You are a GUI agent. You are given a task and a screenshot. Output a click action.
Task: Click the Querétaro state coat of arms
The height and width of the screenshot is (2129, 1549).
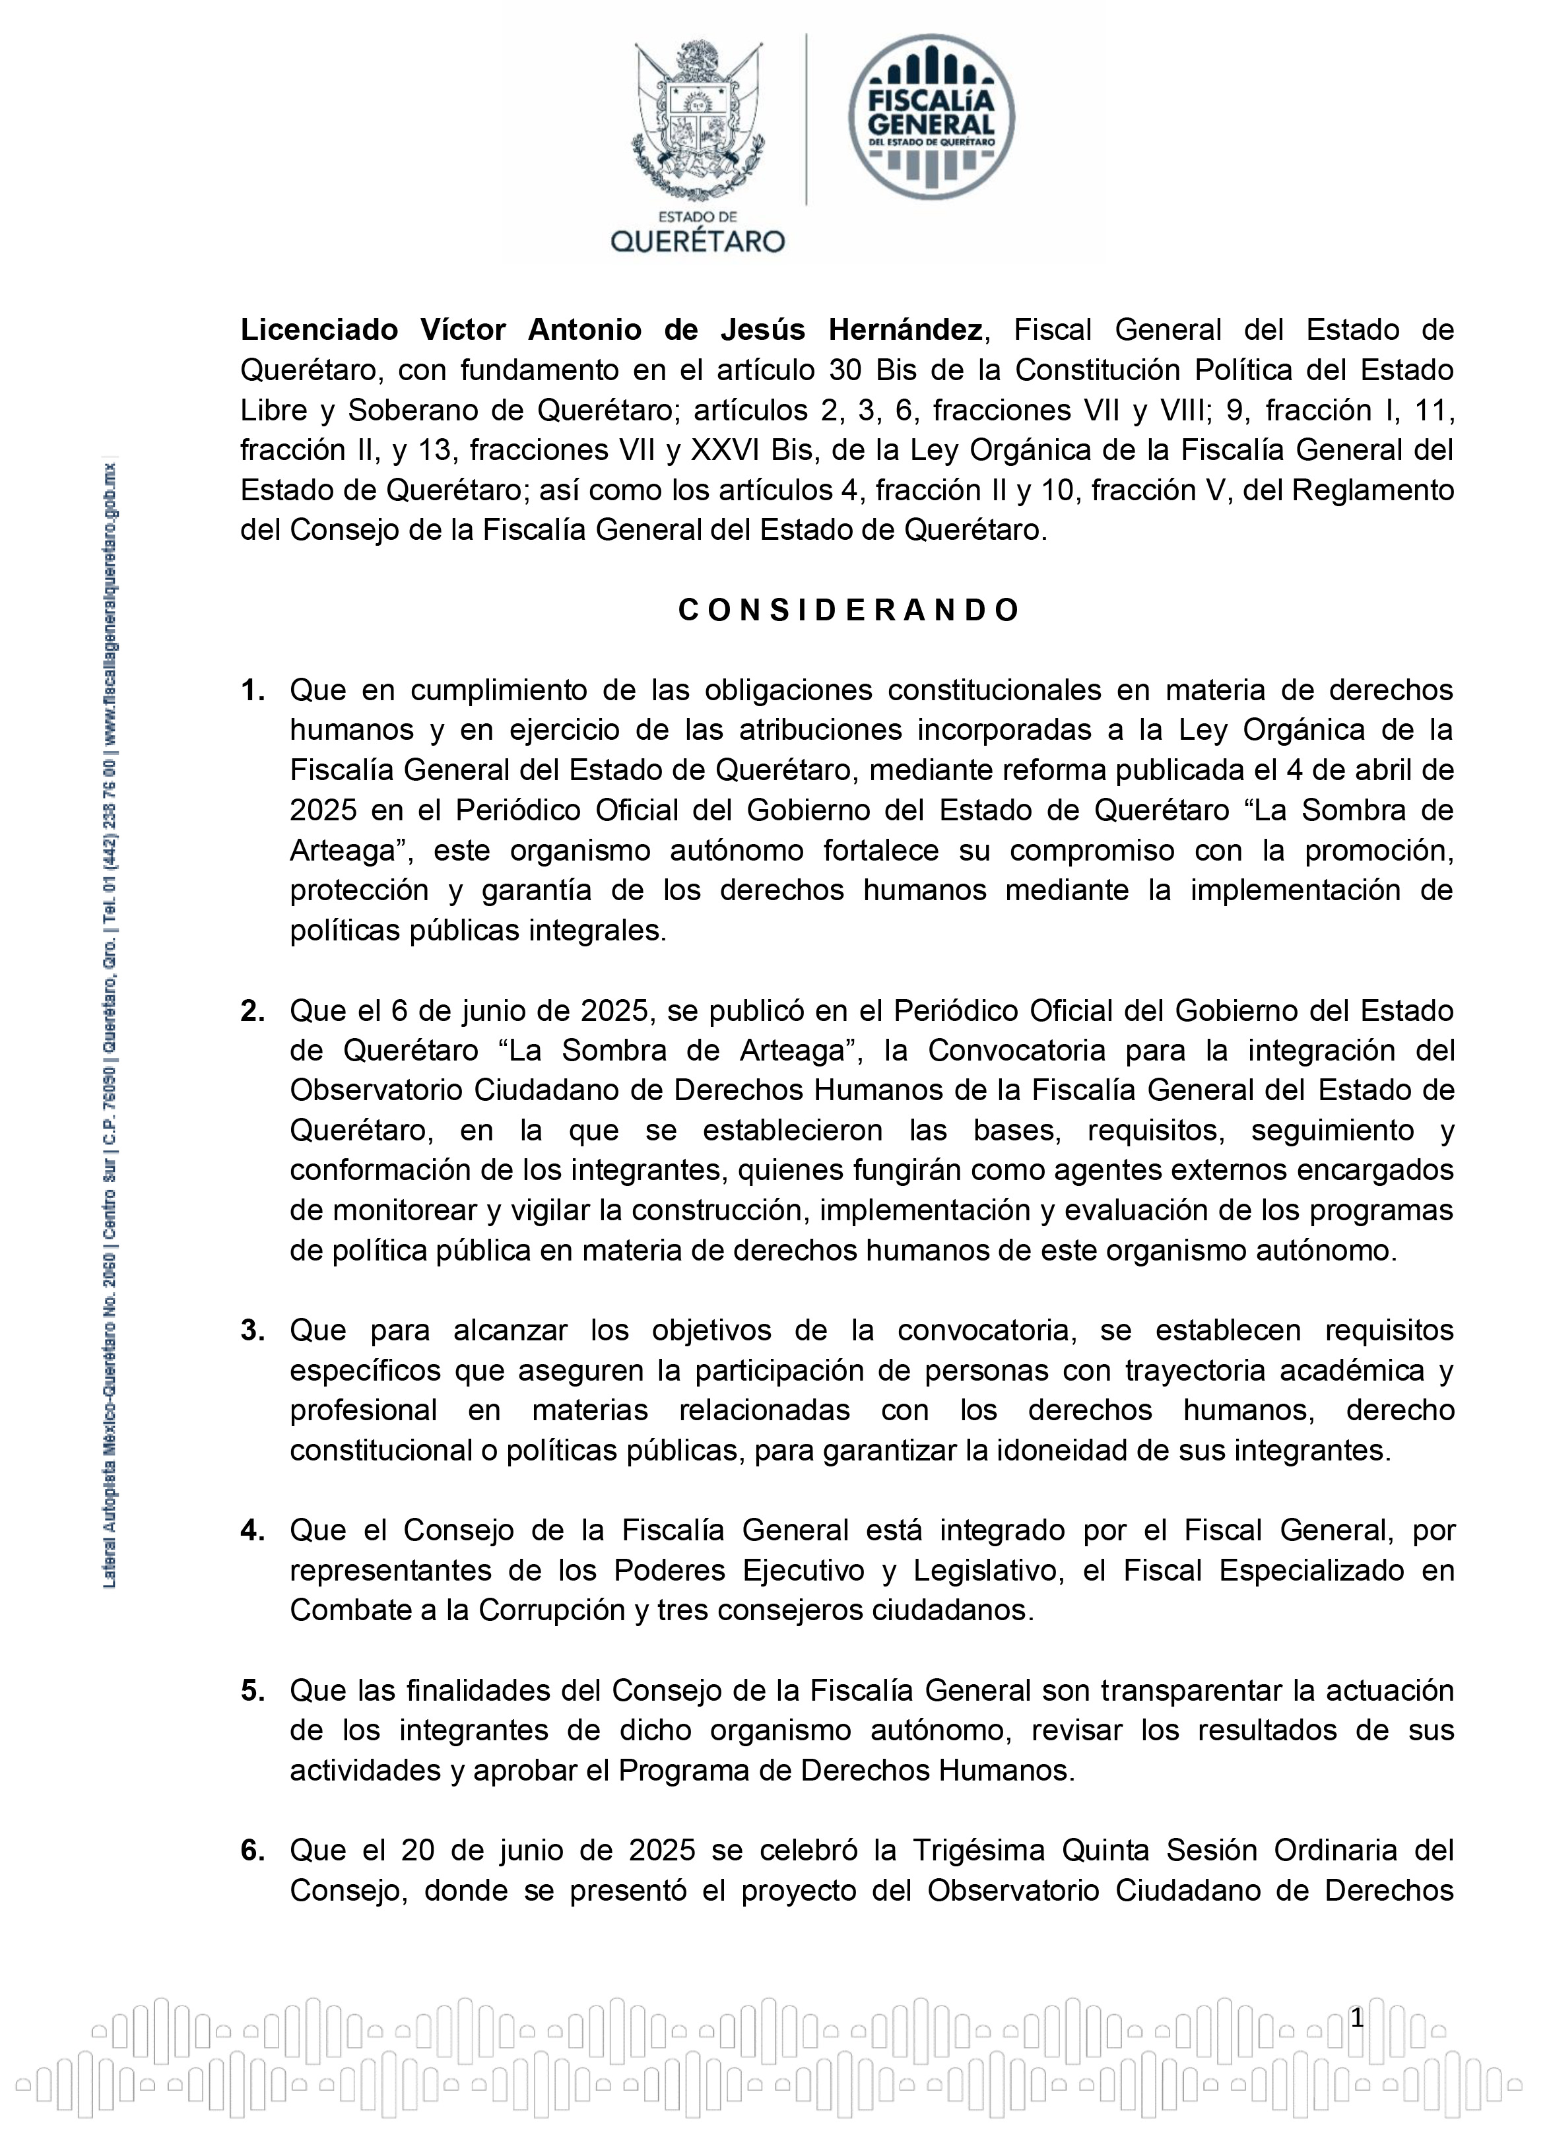pos(698,119)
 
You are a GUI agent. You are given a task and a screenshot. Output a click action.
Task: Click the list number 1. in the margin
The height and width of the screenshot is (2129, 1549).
pos(253,691)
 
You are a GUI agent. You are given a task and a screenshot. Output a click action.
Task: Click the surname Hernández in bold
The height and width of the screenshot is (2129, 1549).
pos(905,331)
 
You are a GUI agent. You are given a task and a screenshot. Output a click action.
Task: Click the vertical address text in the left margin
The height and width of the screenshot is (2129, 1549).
pos(109,1023)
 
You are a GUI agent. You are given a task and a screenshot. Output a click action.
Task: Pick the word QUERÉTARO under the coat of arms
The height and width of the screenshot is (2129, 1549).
pos(698,242)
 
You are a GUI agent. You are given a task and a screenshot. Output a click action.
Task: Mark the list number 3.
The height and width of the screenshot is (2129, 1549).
pos(253,1331)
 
